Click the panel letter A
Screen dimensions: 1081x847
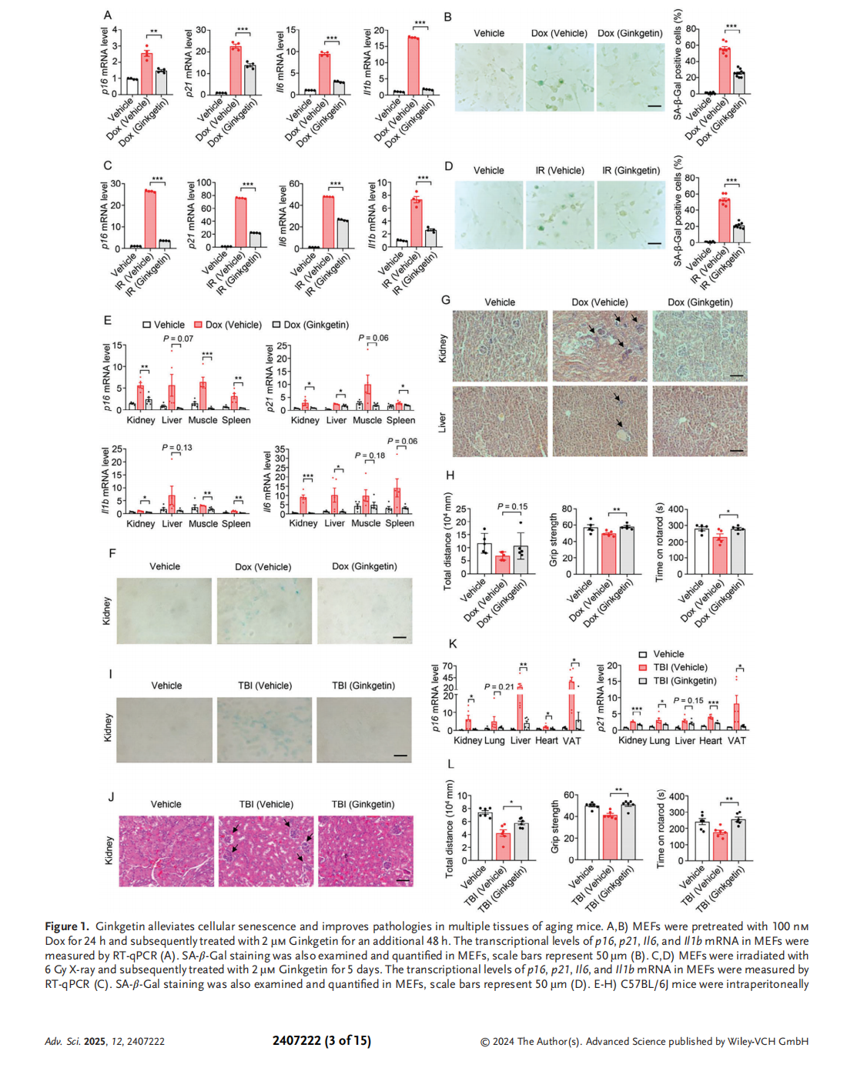[x=108, y=15]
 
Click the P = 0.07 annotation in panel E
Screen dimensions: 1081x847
[x=178, y=339]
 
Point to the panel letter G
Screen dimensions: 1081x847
[x=446, y=300]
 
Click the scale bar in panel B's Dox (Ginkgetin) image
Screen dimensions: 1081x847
[x=654, y=105]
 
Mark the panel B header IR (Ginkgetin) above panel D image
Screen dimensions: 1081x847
[x=631, y=170]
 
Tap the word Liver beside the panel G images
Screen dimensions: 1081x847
[x=442, y=422]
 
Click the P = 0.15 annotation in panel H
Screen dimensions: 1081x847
[x=512, y=506]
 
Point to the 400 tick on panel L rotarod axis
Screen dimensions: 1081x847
[x=677, y=797]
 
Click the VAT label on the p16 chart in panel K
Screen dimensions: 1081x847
[x=571, y=740]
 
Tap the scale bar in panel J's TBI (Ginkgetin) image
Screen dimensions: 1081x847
[x=403, y=879]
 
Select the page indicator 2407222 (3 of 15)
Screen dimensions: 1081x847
[x=321, y=1040]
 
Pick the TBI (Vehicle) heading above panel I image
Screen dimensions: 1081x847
[x=264, y=686]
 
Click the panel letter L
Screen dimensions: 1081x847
[x=450, y=763]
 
